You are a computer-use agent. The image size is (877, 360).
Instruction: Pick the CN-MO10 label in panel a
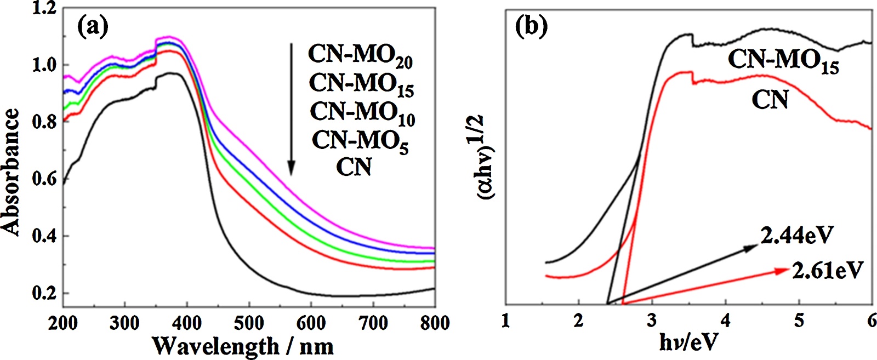tap(362, 113)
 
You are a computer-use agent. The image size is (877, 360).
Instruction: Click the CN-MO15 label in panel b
tap(783, 61)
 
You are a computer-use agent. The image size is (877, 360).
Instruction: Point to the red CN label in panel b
tap(770, 100)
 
